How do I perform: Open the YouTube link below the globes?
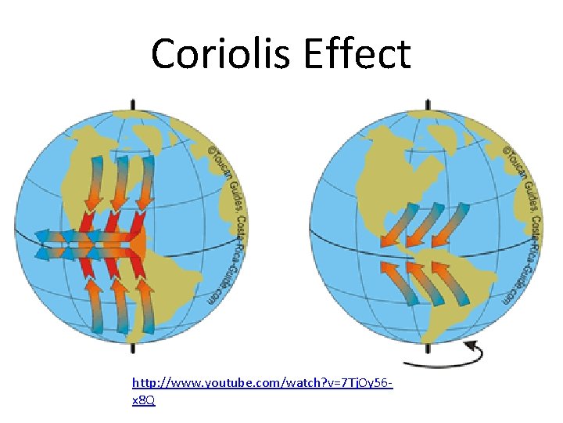(x=261, y=384)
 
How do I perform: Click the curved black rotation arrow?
(x=446, y=357)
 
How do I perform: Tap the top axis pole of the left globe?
(x=132, y=104)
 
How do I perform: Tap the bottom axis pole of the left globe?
(x=132, y=349)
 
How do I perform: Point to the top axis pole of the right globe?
(x=427, y=104)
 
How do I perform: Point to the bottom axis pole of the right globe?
(x=427, y=349)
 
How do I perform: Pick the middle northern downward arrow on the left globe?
(x=120, y=185)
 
